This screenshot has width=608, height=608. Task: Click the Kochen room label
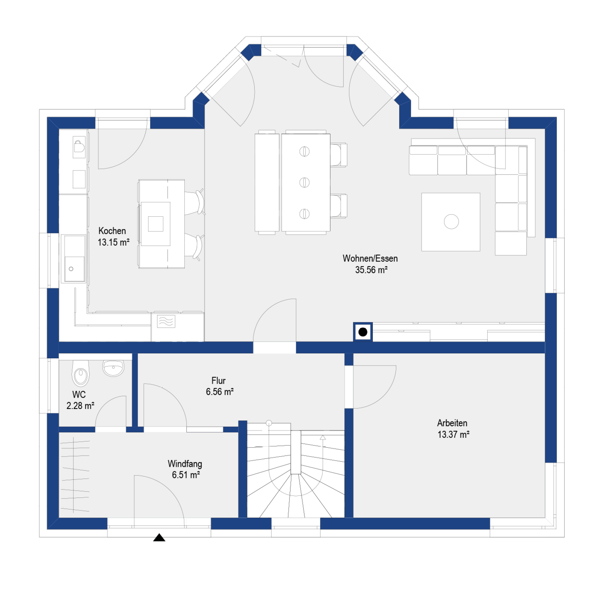click(x=112, y=231)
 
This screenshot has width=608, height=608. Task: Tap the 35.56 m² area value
click(x=371, y=270)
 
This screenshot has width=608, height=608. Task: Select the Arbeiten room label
click(x=452, y=423)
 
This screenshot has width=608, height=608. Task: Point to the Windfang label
click(x=185, y=464)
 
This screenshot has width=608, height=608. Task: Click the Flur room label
click(x=218, y=380)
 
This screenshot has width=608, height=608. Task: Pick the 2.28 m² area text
click(x=80, y=406)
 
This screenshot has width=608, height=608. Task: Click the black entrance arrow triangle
click(x=159, y=538)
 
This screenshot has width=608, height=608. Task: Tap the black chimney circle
click(x=363, y=332)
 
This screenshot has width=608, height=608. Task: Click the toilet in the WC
click(x=81, y=373)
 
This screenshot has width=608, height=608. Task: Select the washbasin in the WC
click(x=113, y=368)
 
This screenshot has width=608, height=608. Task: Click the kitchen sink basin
click(x=74, y=268)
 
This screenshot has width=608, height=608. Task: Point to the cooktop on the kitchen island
click(x=155, y=224)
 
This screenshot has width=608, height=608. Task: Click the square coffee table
click(x=450, y=222)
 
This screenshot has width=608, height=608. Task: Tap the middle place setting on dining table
click(x=304, y=182)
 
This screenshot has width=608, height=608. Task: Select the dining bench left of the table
click(x=267, y=182)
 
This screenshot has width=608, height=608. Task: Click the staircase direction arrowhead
click(x=323, y=437)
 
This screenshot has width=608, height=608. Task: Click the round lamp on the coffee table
click(x=451, y=221)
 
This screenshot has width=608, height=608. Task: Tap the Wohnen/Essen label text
click(x=370, y=259)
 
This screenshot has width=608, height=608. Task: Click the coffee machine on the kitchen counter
click(x=79, y=147)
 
